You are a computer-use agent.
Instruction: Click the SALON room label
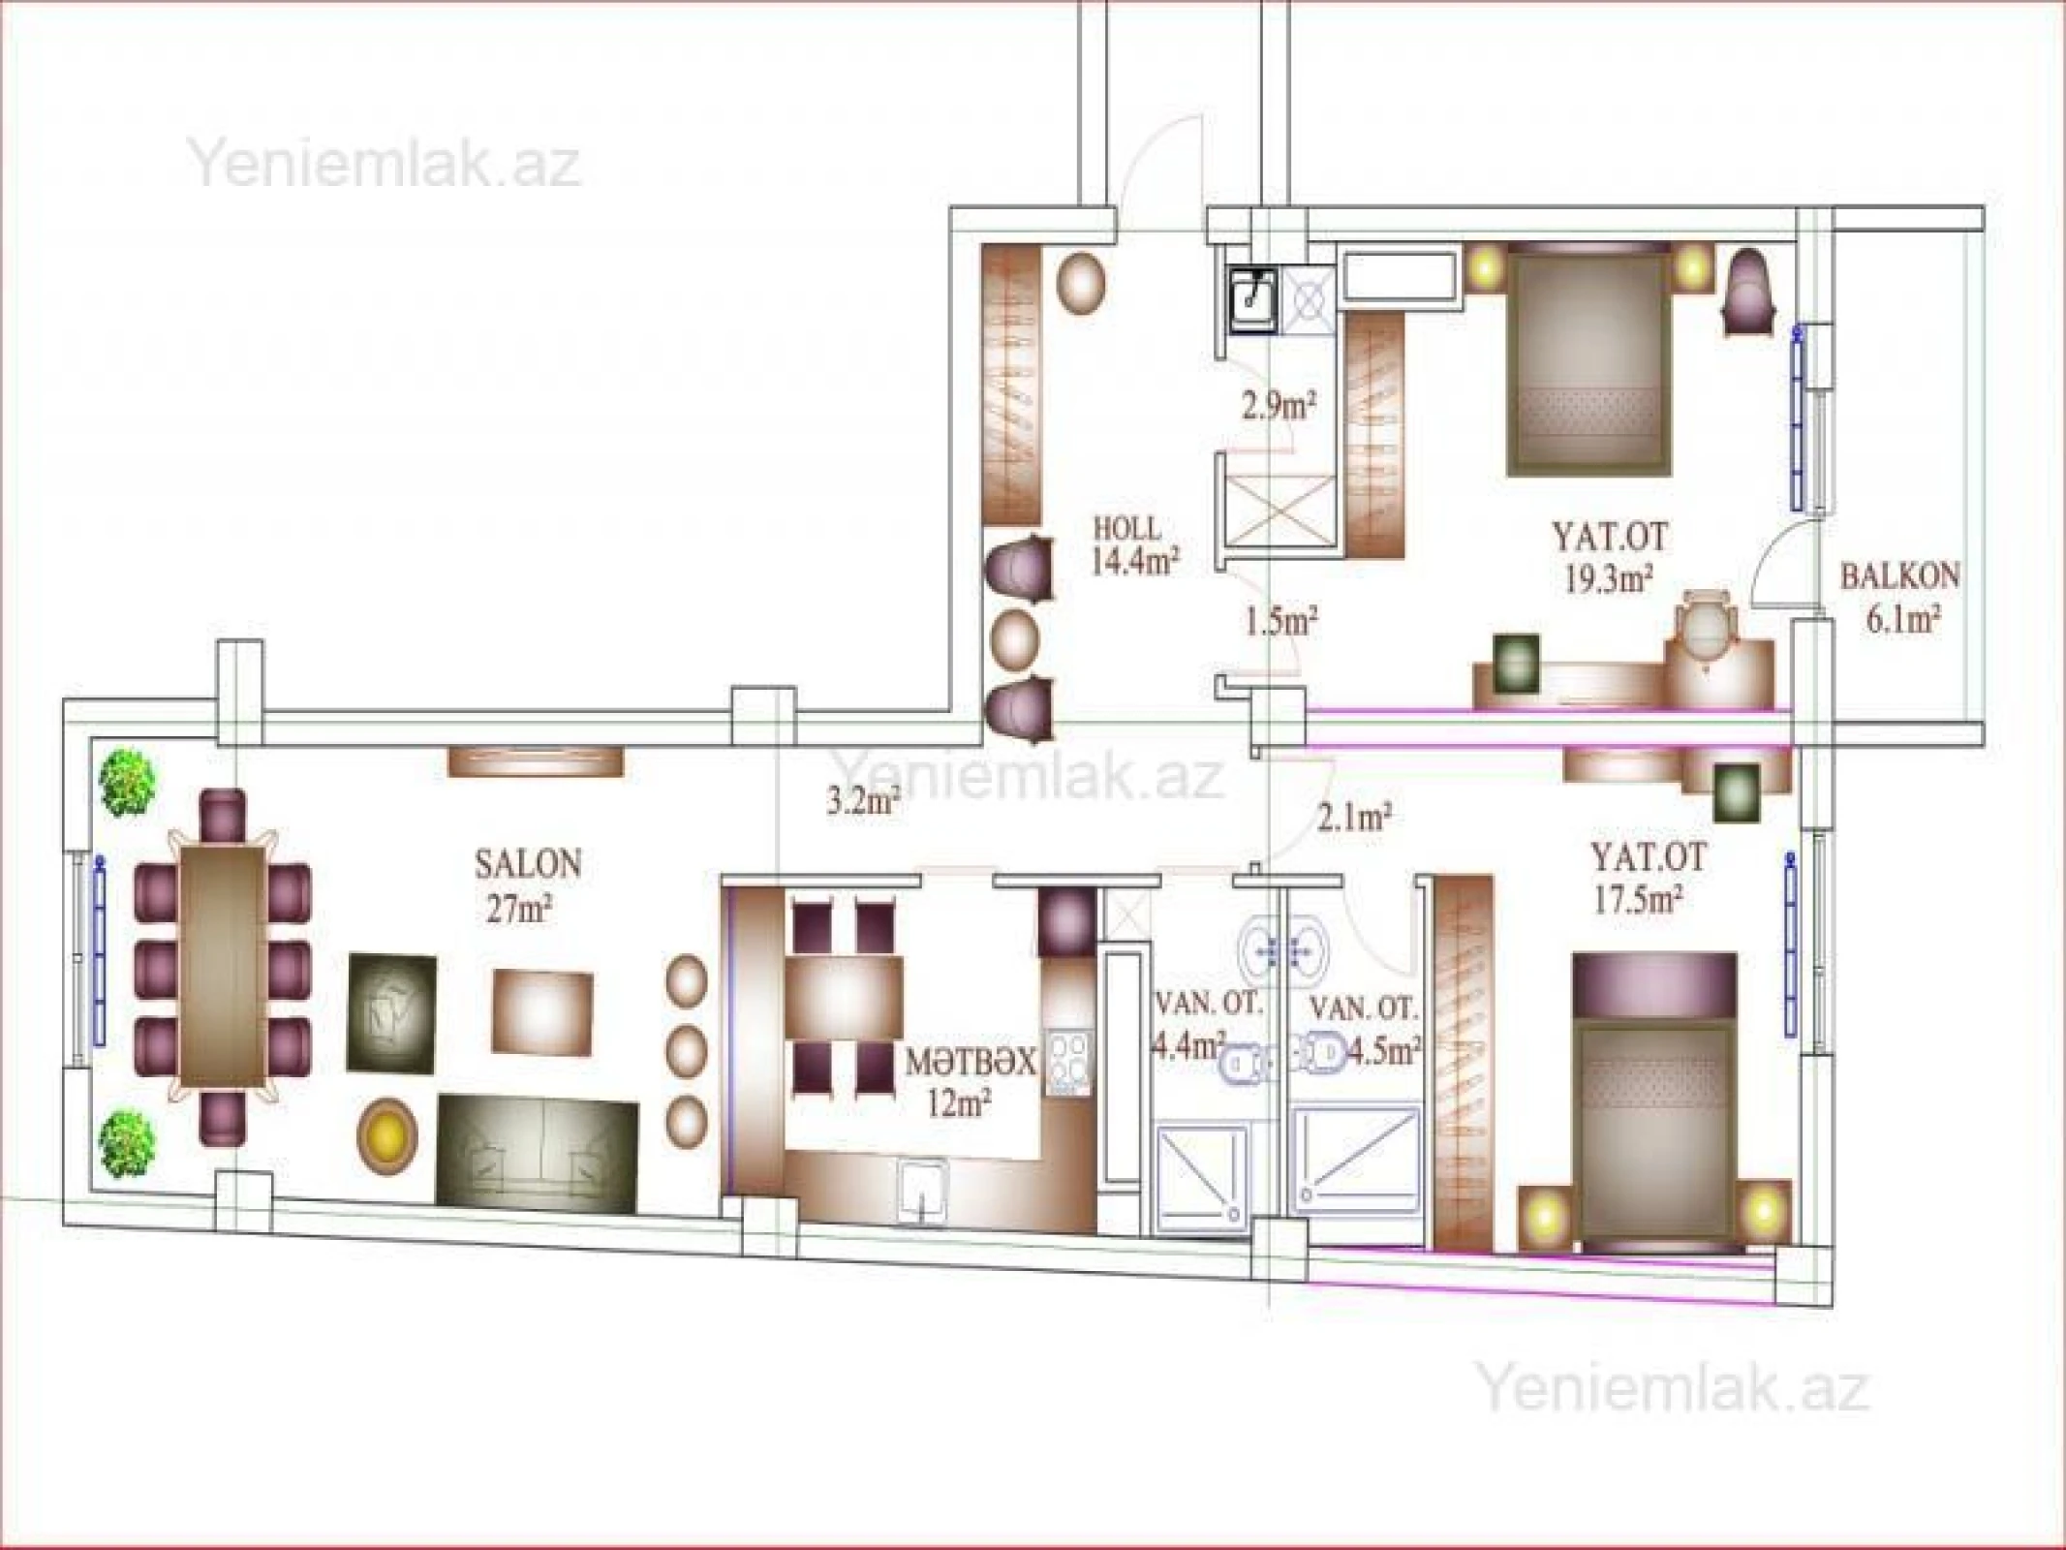point(528,863)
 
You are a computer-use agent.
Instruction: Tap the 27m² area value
point(519,912)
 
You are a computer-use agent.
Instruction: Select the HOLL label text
point(1126,529)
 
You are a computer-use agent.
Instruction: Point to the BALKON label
point(1899,577)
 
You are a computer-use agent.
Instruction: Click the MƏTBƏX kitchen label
point(971,1062)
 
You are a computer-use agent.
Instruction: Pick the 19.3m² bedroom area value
point(1607,578)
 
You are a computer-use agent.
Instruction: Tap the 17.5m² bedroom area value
point(1637,901)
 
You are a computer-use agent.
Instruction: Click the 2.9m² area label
point(1279,405)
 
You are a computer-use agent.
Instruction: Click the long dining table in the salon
point(223,966)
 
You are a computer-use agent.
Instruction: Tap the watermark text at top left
point(385,165)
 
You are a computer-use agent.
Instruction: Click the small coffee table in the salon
point(542,1014)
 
